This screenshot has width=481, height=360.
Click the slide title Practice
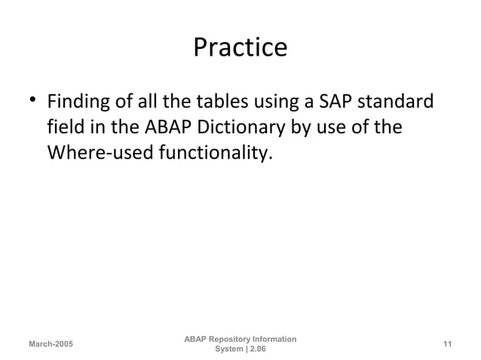coord(240,47)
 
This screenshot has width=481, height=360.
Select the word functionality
coord(213,154)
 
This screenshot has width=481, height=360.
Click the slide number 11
coord(447,344)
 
